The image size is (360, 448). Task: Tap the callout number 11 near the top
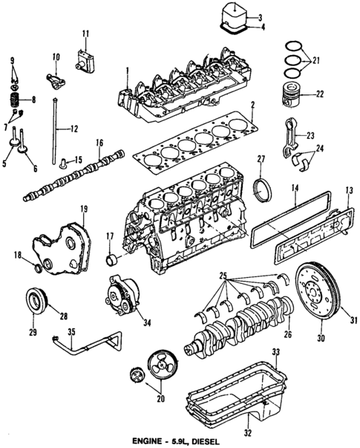coord(85,33)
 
